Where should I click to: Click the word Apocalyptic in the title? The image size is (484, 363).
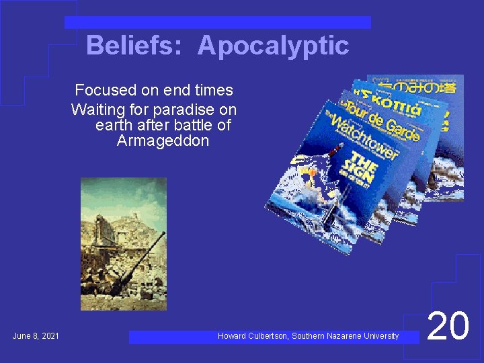274,46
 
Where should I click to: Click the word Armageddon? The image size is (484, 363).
163,141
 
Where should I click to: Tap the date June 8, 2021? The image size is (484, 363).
36,335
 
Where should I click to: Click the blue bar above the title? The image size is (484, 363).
218,22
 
